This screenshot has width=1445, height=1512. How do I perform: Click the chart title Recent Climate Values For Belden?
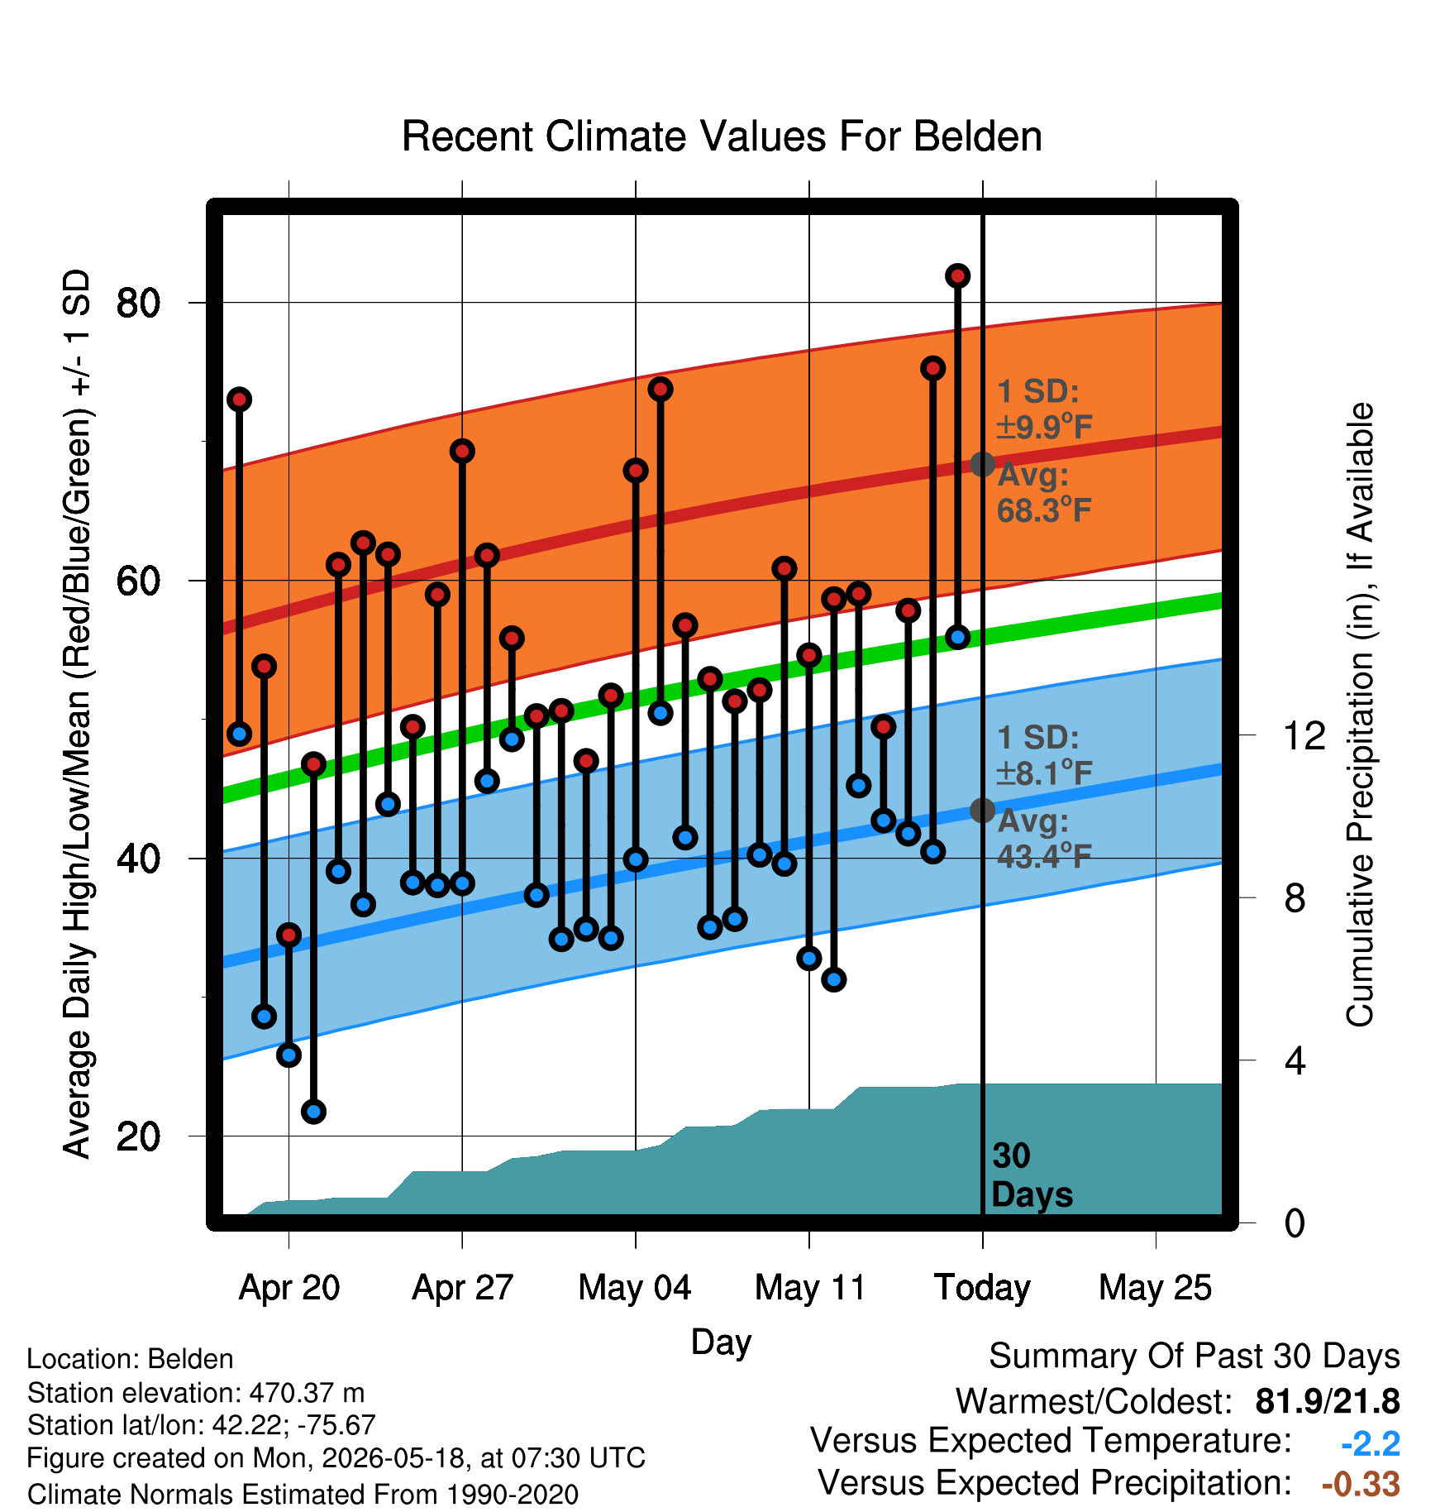click(722, 136)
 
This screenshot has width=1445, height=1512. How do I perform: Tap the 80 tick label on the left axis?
click(138, 303)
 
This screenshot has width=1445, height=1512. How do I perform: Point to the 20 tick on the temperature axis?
click(138, 1136)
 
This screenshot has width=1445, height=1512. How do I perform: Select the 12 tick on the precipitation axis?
click(1304, 735)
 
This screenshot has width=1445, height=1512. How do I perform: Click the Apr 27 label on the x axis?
click(463, 1288)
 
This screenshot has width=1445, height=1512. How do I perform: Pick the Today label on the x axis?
click(982, 1288)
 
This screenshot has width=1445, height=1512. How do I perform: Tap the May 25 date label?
click(1155, 1288)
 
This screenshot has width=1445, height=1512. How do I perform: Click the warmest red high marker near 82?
click(957, 275)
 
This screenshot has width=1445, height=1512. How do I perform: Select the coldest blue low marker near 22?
click(313, 1111)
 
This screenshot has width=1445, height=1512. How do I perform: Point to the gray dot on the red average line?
click(982, 464)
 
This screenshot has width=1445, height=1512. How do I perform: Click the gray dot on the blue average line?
click(982, 810)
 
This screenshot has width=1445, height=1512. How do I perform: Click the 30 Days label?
click(1032, 1175)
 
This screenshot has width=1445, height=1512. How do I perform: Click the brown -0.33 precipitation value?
click(1362, 1484)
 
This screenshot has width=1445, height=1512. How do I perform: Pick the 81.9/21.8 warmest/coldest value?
click(1328, 1401)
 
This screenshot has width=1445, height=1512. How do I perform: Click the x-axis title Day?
click(721, 1342)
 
